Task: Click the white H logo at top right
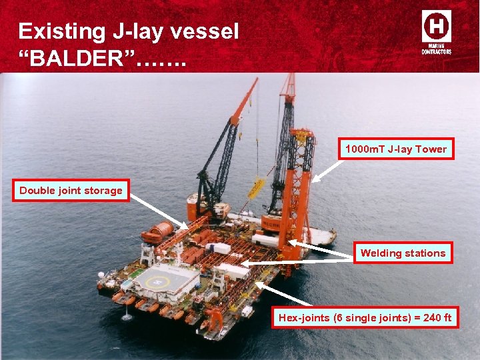tap(436, 27)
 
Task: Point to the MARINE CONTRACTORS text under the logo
tap(436, 49)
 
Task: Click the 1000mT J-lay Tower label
tap(396, 149)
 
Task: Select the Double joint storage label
tap(71, 191)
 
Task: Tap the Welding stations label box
tap(403, 253)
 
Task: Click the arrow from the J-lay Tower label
tap(327, 169)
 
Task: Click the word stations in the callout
tap(424, 253)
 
